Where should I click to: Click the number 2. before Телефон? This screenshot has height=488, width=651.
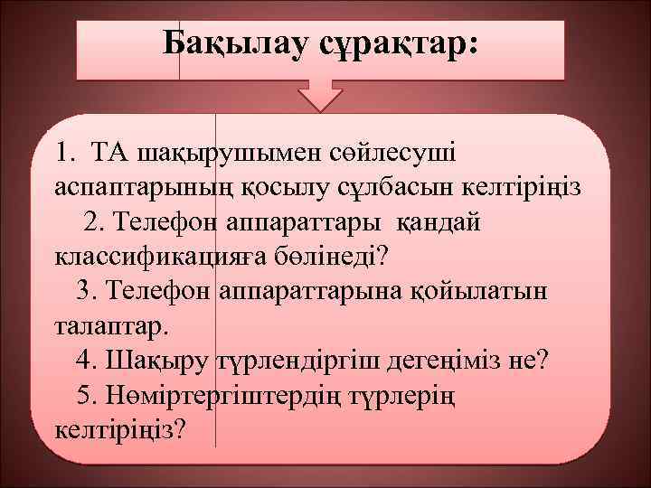[x=98, y=221]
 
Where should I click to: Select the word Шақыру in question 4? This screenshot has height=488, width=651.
[x=159, y=361]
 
